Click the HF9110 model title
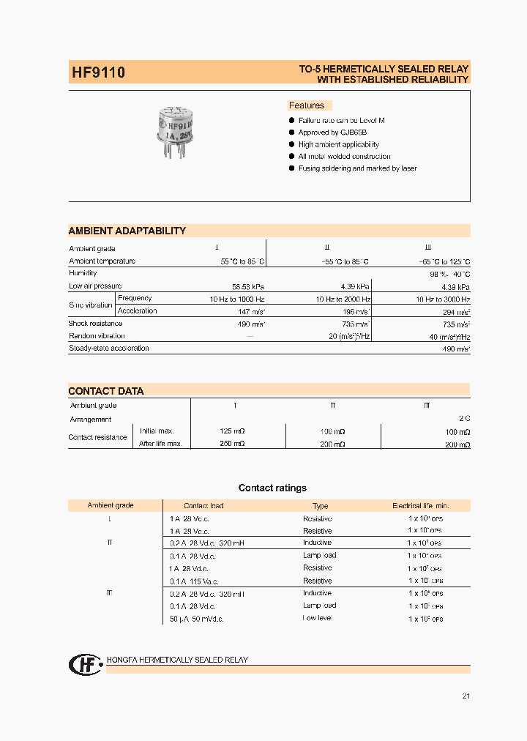coord(98,73)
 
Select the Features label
coord(307,105)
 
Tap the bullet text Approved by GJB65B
coord(329,133)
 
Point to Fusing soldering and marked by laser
coord(357,168)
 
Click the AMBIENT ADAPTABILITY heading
coord(127,231)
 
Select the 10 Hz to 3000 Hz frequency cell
coord(443,299)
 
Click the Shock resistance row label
coord(96,324)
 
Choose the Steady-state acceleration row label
coord(109,349)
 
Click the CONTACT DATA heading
coord(106,391)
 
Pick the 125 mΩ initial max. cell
coord(232,431)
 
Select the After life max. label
coord(160,444)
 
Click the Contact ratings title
coord(272,488)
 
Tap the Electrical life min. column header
coord(421,506)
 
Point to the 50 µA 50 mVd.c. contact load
coord(196,619)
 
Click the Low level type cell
coord(317,619)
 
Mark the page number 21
coord(466,696)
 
